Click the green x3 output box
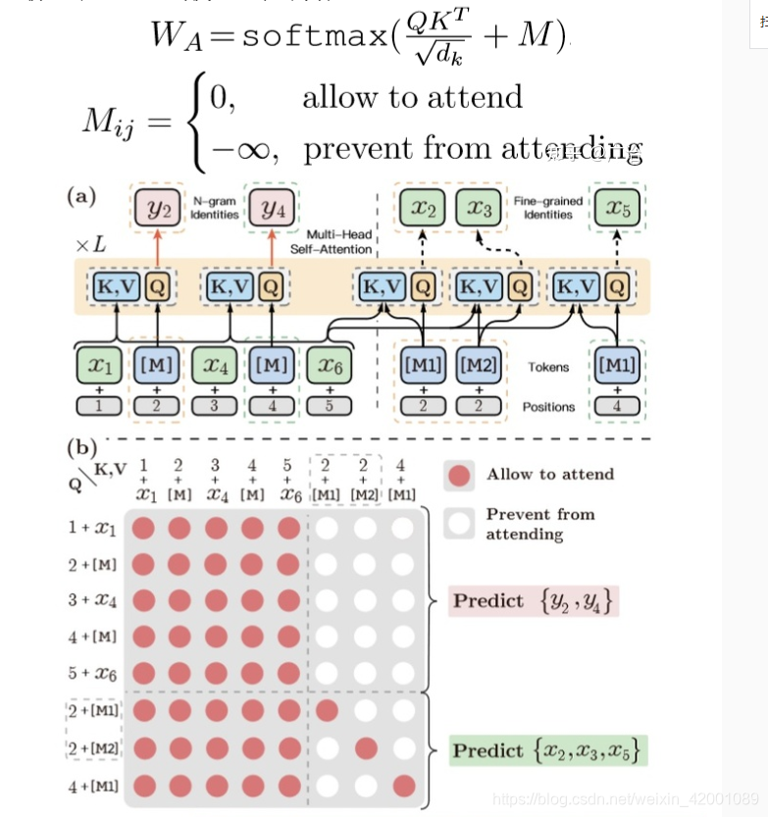478,208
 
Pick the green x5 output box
618,208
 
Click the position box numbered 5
330,405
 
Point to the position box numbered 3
214,405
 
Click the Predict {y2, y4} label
535,601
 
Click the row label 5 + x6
91,673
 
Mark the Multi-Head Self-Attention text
332,242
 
